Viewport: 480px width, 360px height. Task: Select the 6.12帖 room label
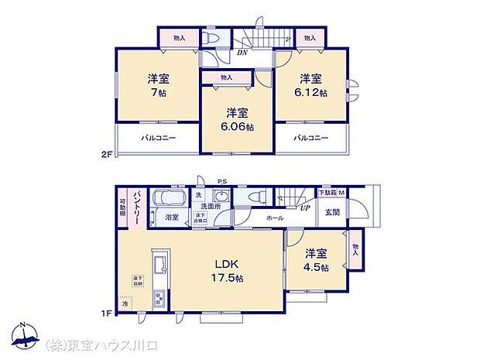[x=311, y=85]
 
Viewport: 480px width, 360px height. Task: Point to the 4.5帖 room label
[x=316, y=259]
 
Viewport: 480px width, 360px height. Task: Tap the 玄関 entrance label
[x=332, y=212]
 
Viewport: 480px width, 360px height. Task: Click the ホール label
[x=274, y=218]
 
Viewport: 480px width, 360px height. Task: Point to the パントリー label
[x=135, y=207]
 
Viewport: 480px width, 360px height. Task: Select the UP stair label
[x=306, y=207]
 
